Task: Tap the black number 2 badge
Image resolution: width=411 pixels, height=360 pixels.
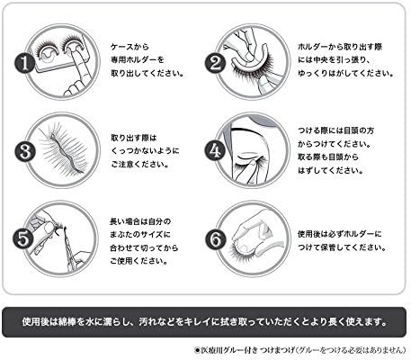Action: point(213,64)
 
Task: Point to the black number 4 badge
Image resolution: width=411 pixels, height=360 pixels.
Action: point(213,150)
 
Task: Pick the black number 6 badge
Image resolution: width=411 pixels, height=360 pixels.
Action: point(213,238)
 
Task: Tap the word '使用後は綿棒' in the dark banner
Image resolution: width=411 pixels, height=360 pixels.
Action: point(50,320)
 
